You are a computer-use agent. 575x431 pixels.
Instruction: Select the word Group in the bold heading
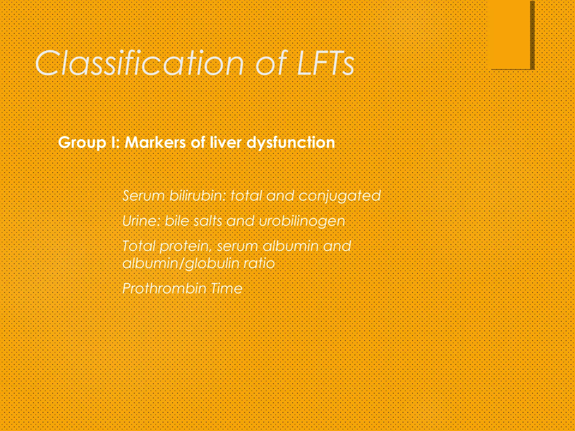pyautogui.click(x=82, y=143)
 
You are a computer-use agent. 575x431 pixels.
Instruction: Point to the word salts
pyautogui.click(x=208, y=221)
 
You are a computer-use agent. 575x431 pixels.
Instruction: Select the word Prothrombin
pyautogui.click(x=165, y=288)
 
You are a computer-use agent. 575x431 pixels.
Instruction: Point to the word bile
pyautogui.click(x=177, y=221)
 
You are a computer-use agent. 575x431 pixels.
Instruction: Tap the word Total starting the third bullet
pyautogui.click(x=139, y=246)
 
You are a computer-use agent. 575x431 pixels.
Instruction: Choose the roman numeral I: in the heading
pyautogui.click(x=115, y=142)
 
